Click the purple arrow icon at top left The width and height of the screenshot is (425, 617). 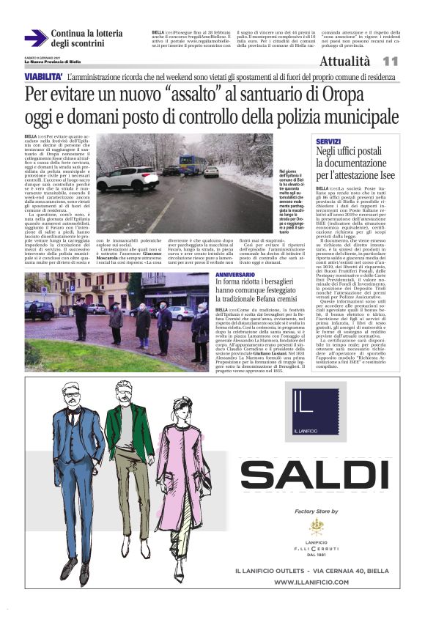[x=36, y=37]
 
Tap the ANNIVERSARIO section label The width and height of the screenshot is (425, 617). [x=236, y=274]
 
